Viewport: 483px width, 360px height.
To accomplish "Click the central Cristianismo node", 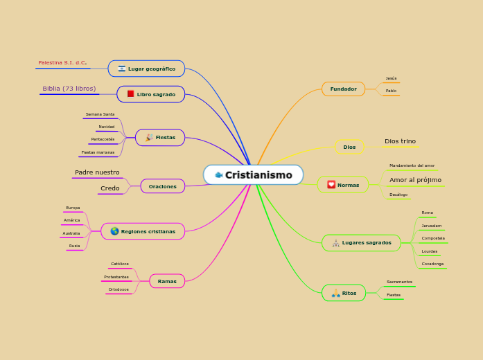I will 254,175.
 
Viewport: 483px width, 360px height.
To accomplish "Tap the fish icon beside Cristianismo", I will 219,175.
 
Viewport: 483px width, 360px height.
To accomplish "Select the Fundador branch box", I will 343,89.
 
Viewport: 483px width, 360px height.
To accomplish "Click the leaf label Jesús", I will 391,78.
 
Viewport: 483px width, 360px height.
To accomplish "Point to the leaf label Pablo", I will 391,91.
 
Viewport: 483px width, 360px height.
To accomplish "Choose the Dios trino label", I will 400,141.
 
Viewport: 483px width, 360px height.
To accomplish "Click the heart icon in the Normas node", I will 331,185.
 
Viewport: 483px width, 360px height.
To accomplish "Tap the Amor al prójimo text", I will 415,180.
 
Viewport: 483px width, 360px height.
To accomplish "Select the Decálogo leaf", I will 398,195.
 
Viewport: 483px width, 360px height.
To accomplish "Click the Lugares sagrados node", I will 361,242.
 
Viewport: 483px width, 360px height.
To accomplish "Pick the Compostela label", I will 433,238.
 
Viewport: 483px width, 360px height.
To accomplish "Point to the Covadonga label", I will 432,264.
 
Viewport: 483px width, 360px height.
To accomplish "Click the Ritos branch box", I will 344,293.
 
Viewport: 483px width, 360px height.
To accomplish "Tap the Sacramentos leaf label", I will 399,282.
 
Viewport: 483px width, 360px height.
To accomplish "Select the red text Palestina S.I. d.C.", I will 62,62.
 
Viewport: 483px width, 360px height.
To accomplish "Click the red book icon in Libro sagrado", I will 130,94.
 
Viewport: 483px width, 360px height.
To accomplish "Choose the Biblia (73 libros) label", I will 69,89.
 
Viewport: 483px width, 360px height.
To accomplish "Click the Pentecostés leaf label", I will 103,139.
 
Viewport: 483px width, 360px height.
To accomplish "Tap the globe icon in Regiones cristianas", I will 114,231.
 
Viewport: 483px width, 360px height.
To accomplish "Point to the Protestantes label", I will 116,277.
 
